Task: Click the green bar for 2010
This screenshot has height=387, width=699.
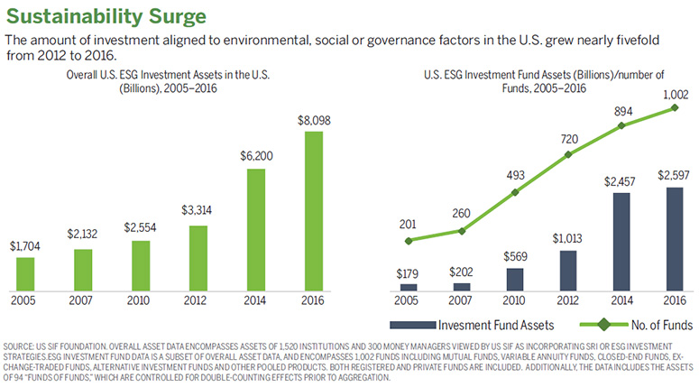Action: [140, 263]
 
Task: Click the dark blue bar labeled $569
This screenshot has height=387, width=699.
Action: [514, 280]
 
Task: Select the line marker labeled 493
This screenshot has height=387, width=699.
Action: [514, 192]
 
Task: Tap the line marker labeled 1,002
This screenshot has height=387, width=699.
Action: [674, 108]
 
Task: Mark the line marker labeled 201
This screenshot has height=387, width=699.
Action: [409, 241]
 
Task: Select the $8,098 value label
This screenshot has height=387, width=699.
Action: [311, 120]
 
